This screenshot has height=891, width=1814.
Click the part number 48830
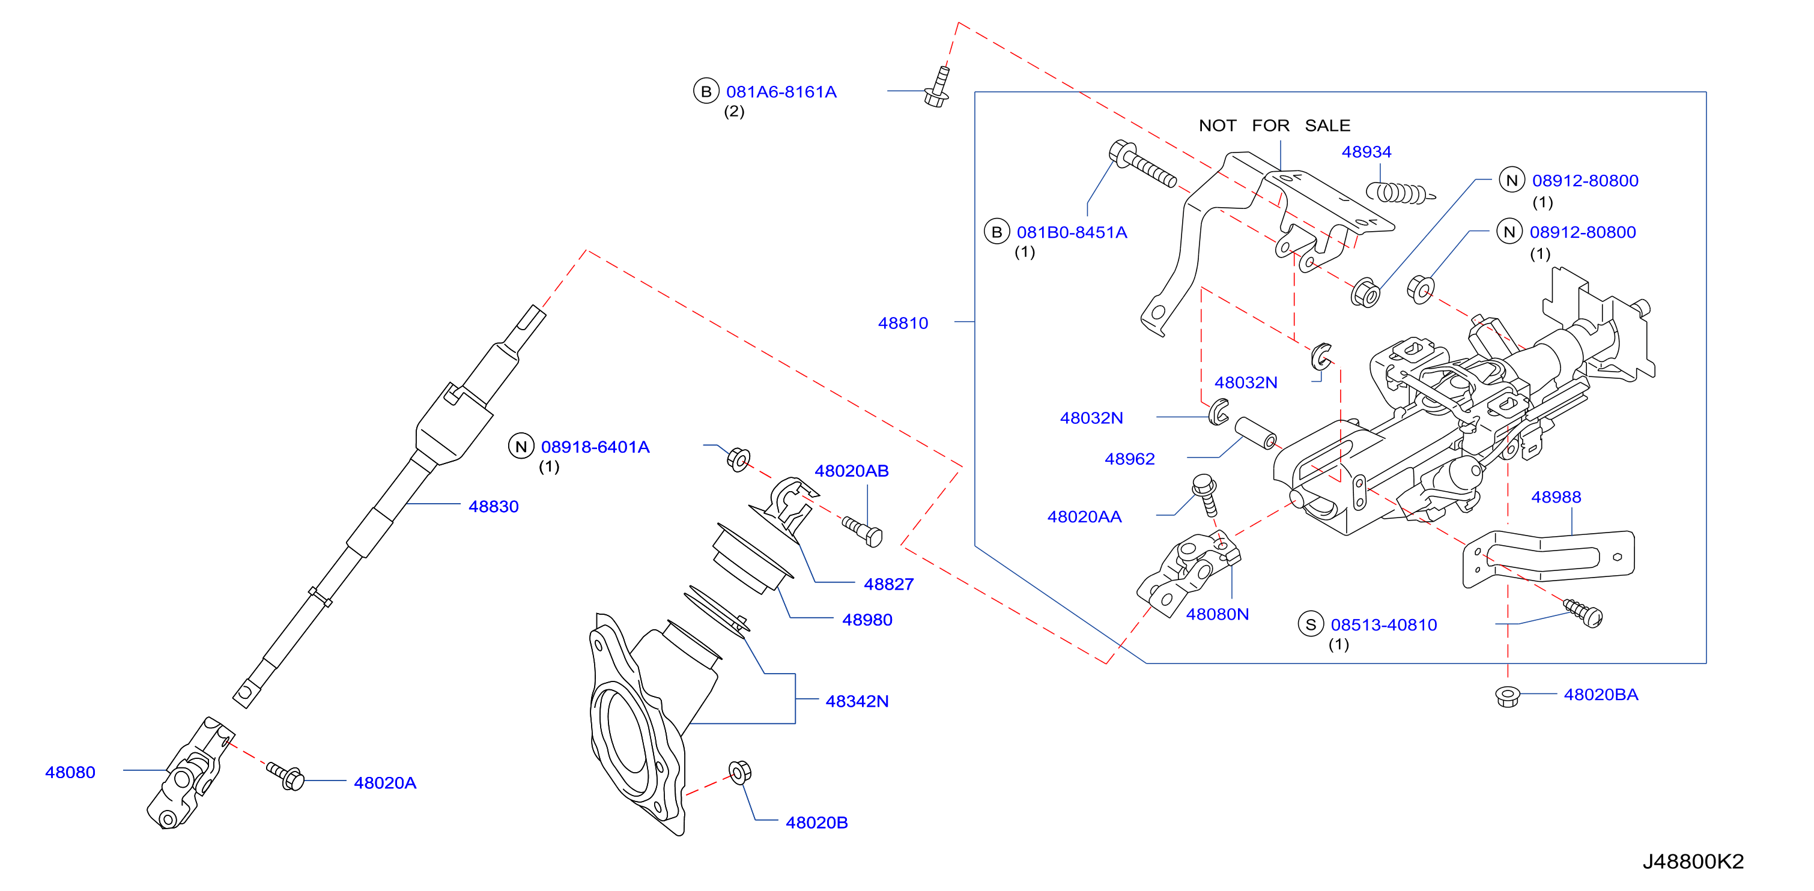point(493,507)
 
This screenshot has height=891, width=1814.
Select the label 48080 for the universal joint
point(70,772)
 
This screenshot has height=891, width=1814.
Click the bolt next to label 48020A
point(286,776)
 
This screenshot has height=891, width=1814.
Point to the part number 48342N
point(857,701)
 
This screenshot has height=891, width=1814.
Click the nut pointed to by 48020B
point(739,772)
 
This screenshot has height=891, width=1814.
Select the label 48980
point(867,620)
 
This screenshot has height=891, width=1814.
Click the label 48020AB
point(851,471)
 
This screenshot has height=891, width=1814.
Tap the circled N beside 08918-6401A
point(521,446)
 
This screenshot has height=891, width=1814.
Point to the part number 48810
point(903,323)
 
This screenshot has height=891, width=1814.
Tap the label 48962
point(1129,459)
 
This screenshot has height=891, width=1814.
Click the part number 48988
point(1556,497)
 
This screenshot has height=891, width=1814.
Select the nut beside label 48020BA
point(1507,696)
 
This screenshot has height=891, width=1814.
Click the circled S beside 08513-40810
point(1311,624)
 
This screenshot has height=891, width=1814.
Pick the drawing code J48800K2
point(1693,862)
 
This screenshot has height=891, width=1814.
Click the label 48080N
point(1217,614)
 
